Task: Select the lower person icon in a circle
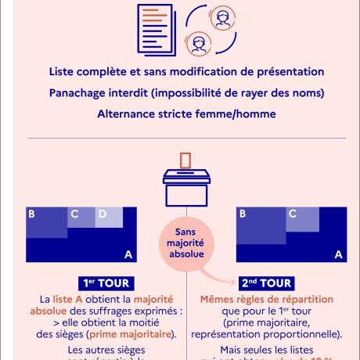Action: pyautogui.click(x=200, y=42)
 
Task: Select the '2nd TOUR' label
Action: pyautogui.click(x=255, y=283)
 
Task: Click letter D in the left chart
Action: pyautogui.click(x=103, y=214)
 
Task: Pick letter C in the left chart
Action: pyautogui.click(x=75, y=214)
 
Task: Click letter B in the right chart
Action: pyautogui.click(x=243, y=214)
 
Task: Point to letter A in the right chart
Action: pyautogui.click(x=339, y=254)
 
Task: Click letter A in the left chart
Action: pyautogui.click(x=128, y=254)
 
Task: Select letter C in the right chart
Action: pyautogui.click(x=292, y=214)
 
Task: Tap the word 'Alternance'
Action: pyautogui.click(x=128, y=113)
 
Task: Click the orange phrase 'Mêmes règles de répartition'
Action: pyautogui.click(x=255, y=299)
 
